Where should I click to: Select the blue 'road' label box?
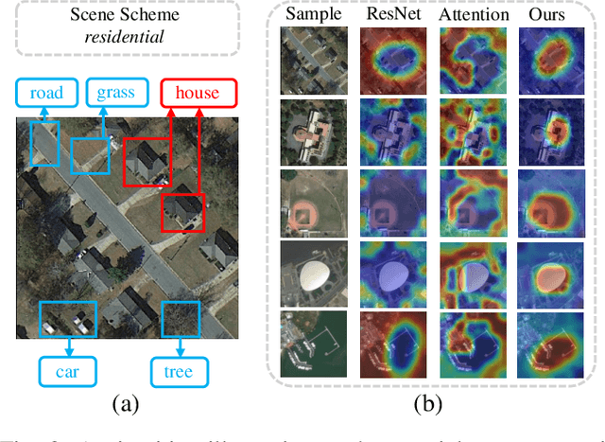tap(46, 93)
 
